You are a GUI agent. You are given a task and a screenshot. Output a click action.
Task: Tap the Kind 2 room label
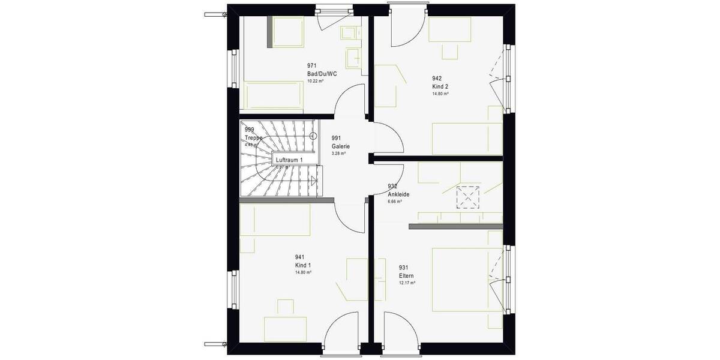(x=440, y=86)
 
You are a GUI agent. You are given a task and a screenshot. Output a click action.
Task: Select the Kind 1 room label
(x=303, y=265)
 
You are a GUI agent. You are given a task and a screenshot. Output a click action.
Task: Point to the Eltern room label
(x=406, y=276)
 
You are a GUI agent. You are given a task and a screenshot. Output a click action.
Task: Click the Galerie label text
(x=340, y=146)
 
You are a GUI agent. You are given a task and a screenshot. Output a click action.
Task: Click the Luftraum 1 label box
(x=288, y=160)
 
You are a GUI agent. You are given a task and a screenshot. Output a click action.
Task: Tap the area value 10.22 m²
(x=315, y=81)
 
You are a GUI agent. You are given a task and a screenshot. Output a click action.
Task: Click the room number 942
(x=437, y=78)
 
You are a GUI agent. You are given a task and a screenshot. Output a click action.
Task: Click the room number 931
(x=404, y=268)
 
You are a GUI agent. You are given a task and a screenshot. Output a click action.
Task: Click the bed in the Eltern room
(x=466, y=280)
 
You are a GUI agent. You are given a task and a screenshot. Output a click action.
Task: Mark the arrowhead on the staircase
(x=313, y=179)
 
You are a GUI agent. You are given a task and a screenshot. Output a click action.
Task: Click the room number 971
(x=311, y=66)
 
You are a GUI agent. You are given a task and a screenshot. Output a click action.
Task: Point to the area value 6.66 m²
(x=394, y=201)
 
